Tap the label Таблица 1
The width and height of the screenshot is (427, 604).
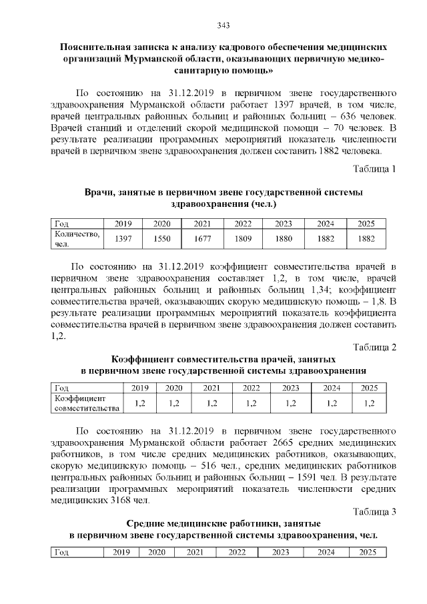click(374, 168)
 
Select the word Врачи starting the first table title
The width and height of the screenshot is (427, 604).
click(100, 192)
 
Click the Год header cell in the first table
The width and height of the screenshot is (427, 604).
click(61, 224)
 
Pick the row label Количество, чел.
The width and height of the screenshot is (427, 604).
click(77, 238)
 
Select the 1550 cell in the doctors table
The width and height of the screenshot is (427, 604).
click(162, 238)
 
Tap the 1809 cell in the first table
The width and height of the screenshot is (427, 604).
click(243, 238)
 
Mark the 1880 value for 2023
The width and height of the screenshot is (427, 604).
click(284, 238)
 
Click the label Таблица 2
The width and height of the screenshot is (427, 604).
click(374, 347)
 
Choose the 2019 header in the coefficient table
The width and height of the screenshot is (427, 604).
click(139, 388)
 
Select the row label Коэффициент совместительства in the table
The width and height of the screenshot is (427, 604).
click(86, 402)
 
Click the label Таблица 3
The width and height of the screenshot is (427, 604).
click(374, 512)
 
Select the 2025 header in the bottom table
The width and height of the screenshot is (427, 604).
click(367, 553)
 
